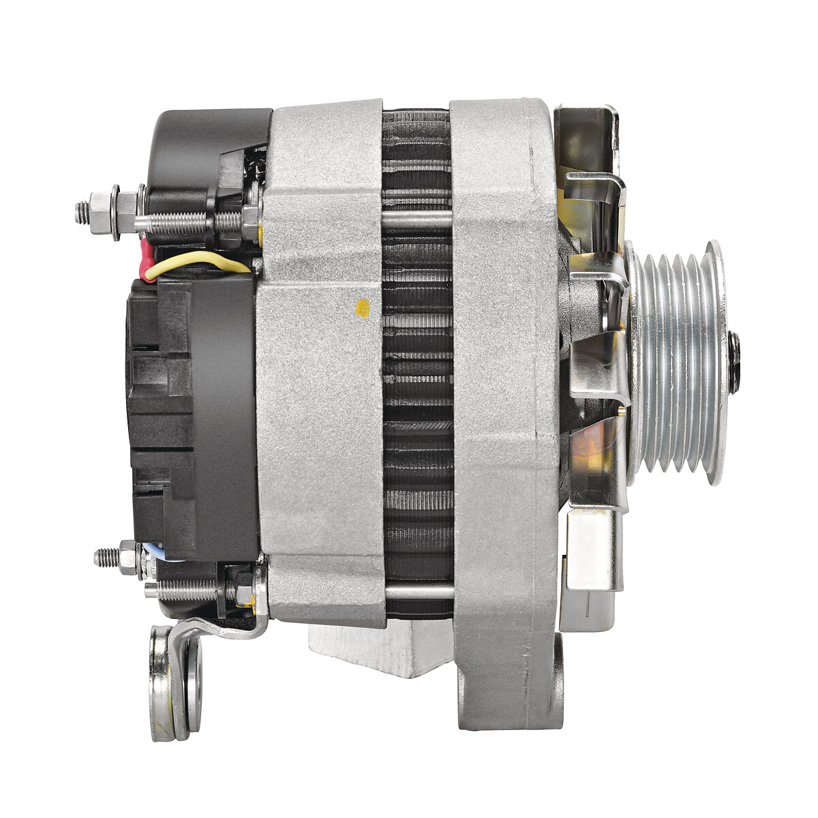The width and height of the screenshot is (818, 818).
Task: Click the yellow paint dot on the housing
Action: coord(363,308)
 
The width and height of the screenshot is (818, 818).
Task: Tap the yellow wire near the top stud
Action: coord(198,260)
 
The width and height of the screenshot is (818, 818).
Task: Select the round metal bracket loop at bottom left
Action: coord(175,682)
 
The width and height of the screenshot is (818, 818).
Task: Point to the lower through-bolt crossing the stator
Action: coord(418,590)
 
